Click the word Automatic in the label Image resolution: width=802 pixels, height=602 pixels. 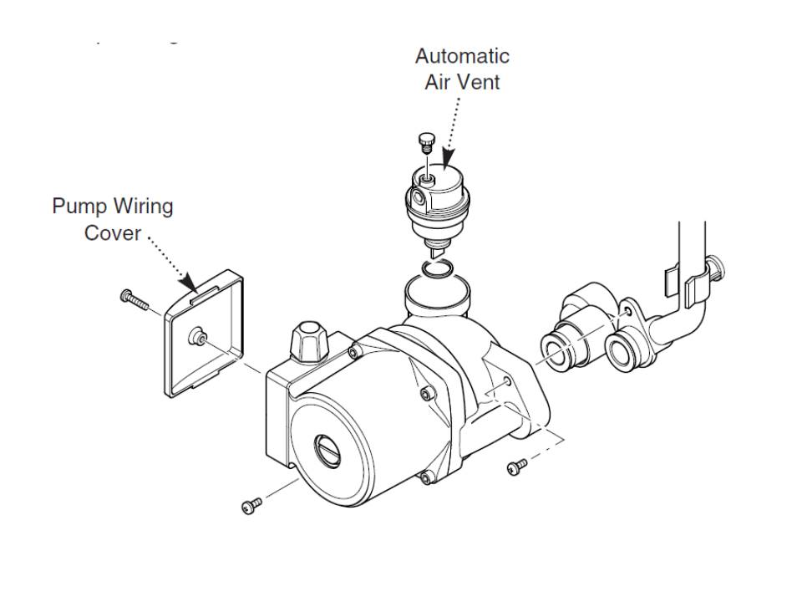tap(462, 57)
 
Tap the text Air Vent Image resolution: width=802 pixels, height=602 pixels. tap(462, 82)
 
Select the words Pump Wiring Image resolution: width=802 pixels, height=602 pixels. tap(113, 206)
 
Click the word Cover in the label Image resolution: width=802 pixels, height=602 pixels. tap(113, 232)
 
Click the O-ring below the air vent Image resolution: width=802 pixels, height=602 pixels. tap(436, 268)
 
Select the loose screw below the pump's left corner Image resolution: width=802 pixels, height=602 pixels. tap(251, 504)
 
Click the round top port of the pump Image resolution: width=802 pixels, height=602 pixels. tap(438, 294)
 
